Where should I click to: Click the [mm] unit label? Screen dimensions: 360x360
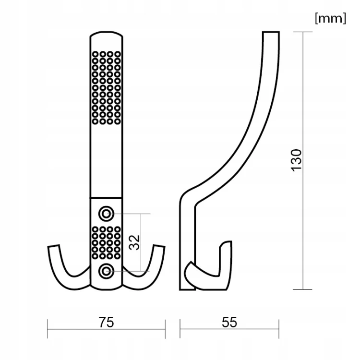click(330, 18)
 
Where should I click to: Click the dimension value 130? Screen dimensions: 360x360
click(296, 160)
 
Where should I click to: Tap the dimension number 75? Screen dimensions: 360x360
click(106, 322)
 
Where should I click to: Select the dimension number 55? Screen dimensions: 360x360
click(229, 322)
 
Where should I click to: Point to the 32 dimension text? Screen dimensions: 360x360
click(134, 242)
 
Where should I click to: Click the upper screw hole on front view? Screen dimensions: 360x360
click(106, 214)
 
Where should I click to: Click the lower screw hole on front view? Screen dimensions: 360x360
click(106, 271)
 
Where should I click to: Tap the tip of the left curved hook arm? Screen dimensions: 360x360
click(53, 246)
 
